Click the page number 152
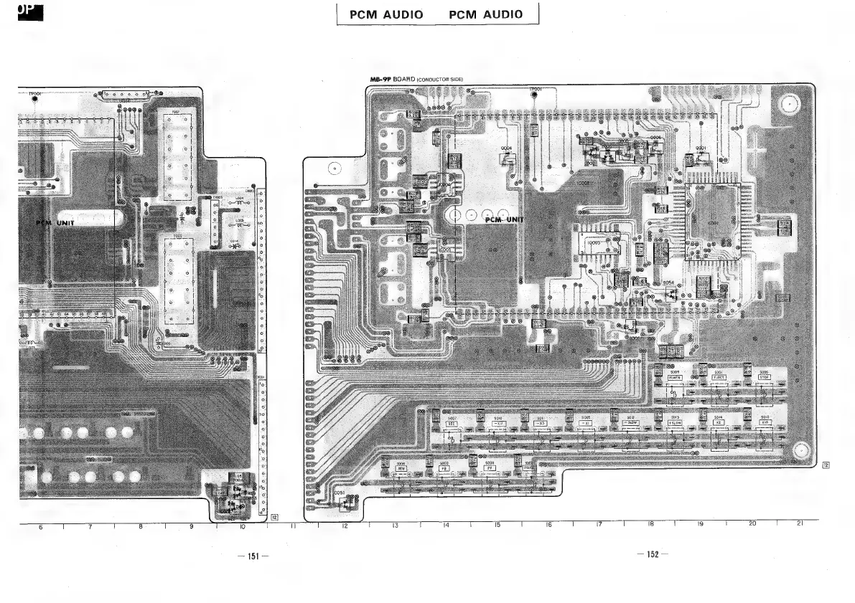652,554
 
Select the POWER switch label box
674,377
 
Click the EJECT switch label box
719,377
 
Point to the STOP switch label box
764,377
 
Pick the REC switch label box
452,423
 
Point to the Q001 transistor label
700,148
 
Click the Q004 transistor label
506,148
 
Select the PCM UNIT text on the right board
505,219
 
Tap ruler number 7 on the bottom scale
90,528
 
